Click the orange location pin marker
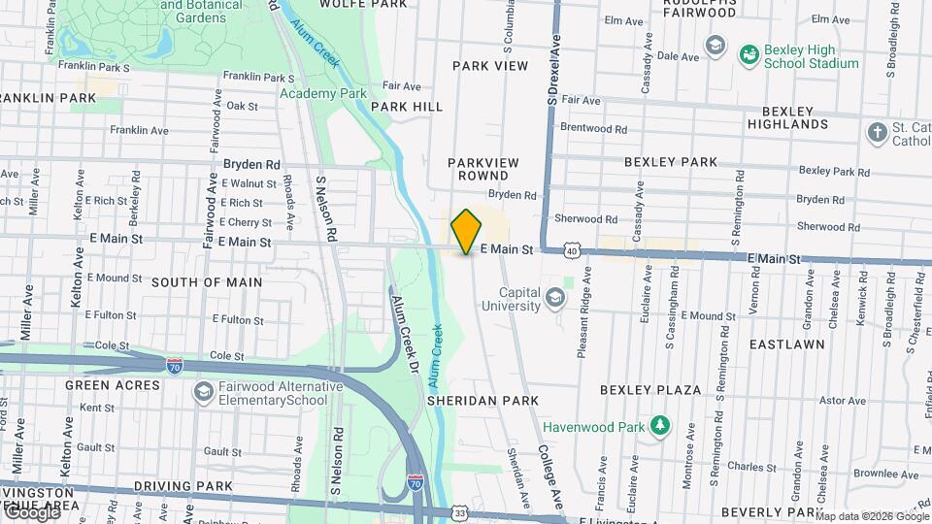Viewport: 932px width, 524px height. (x=467, y=231)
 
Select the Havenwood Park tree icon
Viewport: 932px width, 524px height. (x=660, y=425)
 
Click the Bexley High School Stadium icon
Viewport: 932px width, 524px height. (x=749, y=54)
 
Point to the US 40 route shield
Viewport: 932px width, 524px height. (x=572, y=251)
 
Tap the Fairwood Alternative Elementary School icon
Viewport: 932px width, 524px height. (x=203, y=391)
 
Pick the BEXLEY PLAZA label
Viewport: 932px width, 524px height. (x=650, y=390)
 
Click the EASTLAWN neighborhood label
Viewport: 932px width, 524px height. (x=787, y=344)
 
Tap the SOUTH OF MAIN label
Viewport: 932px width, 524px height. (x=207, y=282)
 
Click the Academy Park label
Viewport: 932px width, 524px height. (x=322, y=93)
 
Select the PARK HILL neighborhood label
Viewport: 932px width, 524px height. (x=406, y=107)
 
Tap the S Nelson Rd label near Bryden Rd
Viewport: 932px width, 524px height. (x=325, y=210)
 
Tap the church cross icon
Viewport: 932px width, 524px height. (x=878, y=132)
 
